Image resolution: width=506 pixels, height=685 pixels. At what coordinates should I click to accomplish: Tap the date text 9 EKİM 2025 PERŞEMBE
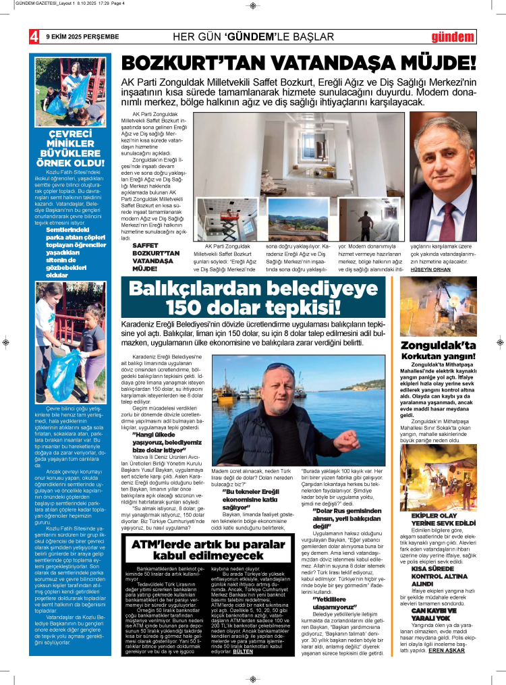(82, 36)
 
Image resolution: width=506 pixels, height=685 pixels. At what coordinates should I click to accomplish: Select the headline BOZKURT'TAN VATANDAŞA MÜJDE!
(298, 63)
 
